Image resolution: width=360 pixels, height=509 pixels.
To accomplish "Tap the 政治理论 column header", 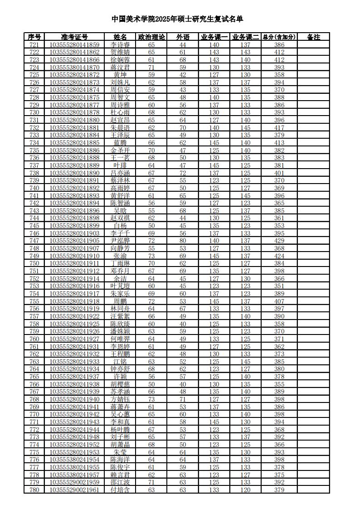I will [151, 37].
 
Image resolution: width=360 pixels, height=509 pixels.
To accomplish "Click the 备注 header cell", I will [313, 37].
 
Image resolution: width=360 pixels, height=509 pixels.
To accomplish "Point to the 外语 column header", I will [183, 37].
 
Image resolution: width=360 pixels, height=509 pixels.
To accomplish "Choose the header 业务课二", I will [245, 37].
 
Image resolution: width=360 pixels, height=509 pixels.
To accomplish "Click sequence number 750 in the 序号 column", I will [34, 263].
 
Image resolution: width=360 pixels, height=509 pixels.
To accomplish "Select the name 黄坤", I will [120, 75].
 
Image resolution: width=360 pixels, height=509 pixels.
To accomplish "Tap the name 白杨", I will [120, 226].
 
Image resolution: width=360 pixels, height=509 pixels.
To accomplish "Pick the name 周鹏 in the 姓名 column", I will [120, 301].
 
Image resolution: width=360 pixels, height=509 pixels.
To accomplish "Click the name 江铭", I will [120, 362].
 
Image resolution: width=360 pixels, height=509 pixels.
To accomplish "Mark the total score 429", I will [279, 241].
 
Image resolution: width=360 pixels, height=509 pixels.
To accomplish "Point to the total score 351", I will [279, 286].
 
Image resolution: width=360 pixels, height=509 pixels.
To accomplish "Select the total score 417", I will [279, 128].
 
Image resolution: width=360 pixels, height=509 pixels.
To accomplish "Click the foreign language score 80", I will [183, 241].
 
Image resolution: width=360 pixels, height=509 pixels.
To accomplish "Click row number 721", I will [34, 44].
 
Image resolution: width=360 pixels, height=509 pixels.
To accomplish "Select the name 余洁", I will [120, 279].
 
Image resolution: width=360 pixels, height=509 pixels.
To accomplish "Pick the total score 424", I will [279, 256].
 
